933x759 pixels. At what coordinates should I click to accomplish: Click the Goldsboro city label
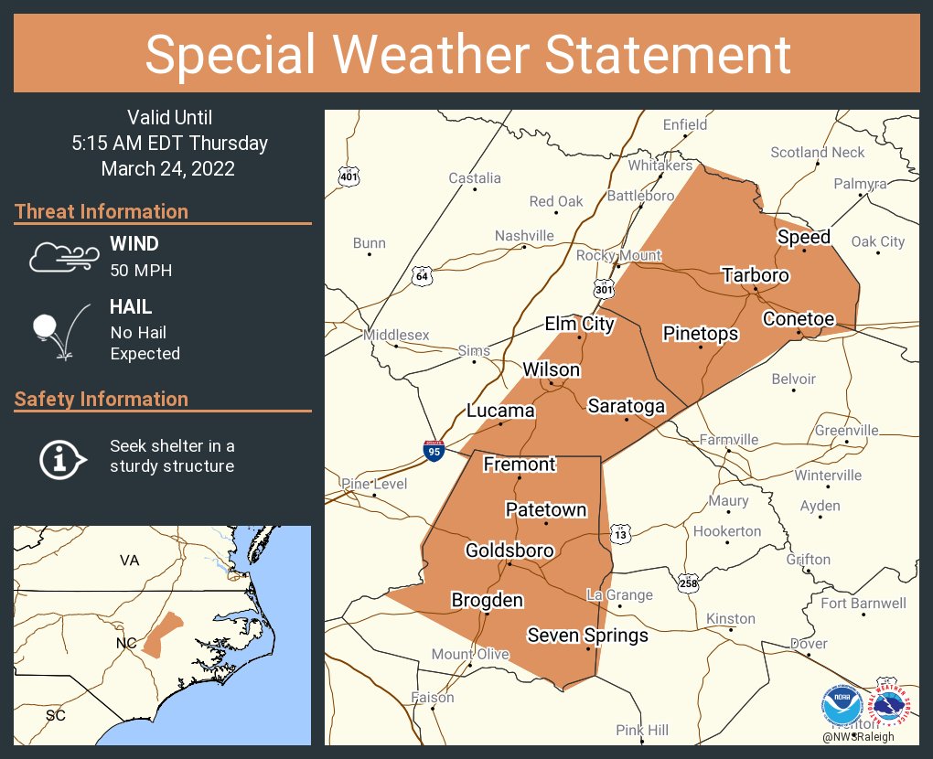pyautogui.click(x=509, y=551)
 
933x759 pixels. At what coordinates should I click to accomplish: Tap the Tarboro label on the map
pyautogui.click(x=755, y=275)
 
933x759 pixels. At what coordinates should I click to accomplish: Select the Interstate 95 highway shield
pyautogui.click(x=435, y=451)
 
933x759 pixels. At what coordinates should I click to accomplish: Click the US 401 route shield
pyautogui.click(x=349, y=176)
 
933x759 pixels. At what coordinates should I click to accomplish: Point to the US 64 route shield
pyautogui.click(x=422, y=276)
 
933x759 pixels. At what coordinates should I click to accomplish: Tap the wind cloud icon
pyautogui.click(x=62, y=257)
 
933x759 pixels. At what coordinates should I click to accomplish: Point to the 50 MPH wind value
pyautogui.click(x=141, y=271)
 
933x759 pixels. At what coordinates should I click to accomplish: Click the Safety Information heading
pyautogui.click(x=102, y=400)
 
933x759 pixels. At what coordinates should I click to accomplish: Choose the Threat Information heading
pyautogui.click(x=102, y=212)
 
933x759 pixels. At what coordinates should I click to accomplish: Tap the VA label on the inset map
pyautogui.click(x=129, y=560)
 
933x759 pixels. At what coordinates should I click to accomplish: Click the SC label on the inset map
pyautogui.click(x=56, y=715)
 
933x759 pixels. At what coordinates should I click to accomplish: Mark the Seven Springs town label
pyautogui.click(x=588, y=636)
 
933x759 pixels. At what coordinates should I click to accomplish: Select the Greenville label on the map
pyautogui.click(x=846, y=430)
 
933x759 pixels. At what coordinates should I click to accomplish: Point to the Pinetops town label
pyautogui.click(x=701, y=334)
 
